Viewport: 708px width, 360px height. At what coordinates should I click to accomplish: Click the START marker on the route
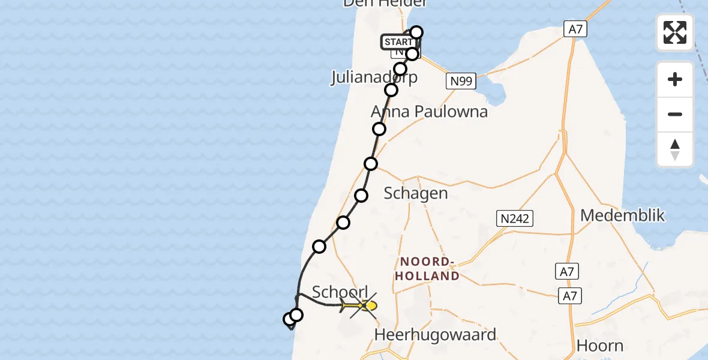tap(397, 42)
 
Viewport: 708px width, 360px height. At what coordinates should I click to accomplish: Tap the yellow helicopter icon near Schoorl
tap(360, 306)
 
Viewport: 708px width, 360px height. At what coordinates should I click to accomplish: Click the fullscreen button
tap(675, 32)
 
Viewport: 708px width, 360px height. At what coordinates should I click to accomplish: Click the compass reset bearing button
tap(675, 149)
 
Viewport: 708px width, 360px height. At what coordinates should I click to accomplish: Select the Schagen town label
tap(416, 193)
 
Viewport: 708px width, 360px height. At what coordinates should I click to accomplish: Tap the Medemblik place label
tap(623, 215)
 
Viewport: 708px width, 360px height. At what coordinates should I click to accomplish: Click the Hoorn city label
tap(599, 346)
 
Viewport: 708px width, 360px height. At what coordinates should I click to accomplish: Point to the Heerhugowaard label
tap(436, 334)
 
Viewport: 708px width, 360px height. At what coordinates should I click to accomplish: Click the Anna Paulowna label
tap(429, 112)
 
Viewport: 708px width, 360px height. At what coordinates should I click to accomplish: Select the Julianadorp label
tap(374, 78)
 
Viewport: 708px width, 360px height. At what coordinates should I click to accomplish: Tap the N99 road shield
tap(461, 81)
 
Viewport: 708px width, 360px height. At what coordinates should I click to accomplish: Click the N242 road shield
tap(515, 218)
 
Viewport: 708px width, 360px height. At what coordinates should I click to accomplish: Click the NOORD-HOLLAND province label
tap(430, 269)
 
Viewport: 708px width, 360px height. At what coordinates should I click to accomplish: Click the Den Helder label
tap(385, 4)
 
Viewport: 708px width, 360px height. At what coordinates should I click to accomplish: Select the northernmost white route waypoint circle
tap(416, 32)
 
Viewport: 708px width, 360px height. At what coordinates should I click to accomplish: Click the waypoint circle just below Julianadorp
tap(391, 90)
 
